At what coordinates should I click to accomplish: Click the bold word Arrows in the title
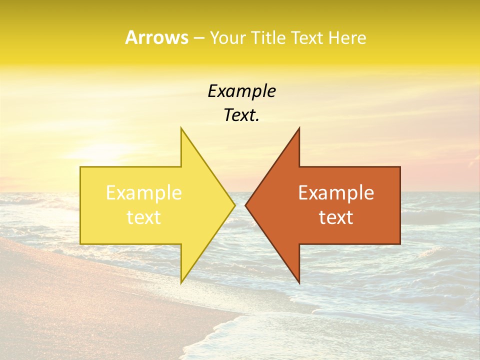(x=156, y=38)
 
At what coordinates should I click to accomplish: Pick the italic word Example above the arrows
(x=241, y=91)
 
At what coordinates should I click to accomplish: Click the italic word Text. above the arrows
(x=241, y=115)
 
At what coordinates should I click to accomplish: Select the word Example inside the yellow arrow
(x=144, y=193)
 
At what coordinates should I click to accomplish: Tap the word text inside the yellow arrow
(x=144, y=217)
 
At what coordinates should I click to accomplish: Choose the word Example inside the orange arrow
(x=336, y=193)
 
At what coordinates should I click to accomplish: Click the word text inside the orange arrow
(x=336, y=217)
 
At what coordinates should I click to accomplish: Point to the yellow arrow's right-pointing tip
(x=235, y=205)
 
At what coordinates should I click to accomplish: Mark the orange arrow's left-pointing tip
(x=245, y=205)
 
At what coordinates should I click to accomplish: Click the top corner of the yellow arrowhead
(x=181, y=128)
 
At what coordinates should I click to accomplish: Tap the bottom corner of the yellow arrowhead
(x=181, y=282)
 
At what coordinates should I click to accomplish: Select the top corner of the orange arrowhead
(x=299, y=128)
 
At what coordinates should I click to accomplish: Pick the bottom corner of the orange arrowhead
(x=299, y=282)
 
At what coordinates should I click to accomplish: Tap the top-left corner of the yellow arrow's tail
(x=80, y=167)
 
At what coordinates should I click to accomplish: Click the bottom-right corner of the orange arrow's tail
(x=400, y=244)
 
